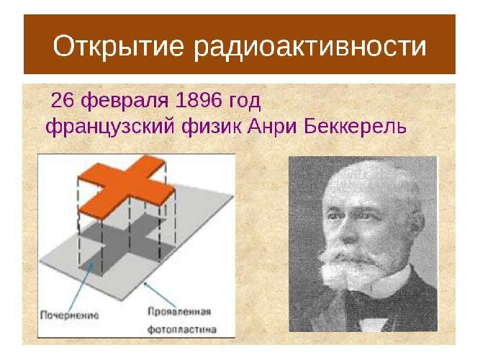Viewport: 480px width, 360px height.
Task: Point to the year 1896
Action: [x=200, y=99]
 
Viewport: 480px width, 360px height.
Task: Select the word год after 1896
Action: [x=245, y=100]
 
